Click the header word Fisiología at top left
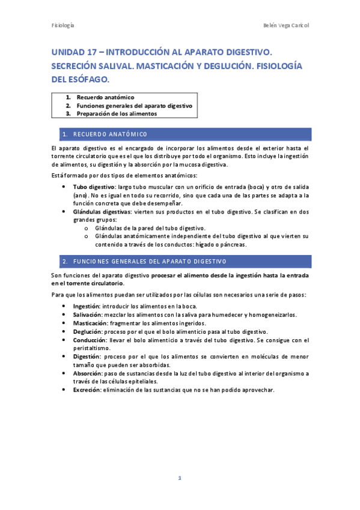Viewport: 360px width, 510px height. (x=63, y=26)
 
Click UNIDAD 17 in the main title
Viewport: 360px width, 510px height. (x=75, y=53)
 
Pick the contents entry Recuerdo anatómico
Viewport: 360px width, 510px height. (x=105, y=97)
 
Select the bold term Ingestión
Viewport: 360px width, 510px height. (x=86, y=306)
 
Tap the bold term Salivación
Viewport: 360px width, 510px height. (x=87, y=315)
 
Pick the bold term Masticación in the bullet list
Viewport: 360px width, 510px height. (x=89, y=323)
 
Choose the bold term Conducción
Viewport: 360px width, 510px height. (x=90, y=340)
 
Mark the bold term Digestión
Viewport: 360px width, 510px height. (x=87, y=356)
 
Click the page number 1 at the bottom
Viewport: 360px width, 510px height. (x=179, y=478)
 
